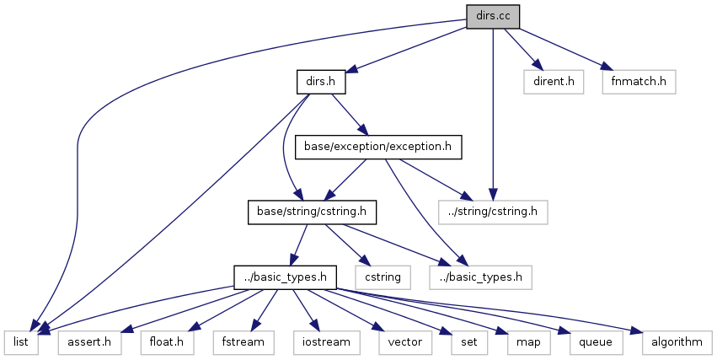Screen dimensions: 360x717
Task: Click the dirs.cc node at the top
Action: point(493,15)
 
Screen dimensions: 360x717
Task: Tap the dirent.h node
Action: point(554,82)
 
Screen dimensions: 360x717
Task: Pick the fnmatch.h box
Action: point(639,82)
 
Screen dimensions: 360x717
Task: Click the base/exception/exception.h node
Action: point(378,147)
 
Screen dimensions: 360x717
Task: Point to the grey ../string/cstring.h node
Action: point(493,211)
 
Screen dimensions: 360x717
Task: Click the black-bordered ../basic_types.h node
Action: point(286,276)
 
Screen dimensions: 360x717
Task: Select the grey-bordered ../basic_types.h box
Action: point(480,276)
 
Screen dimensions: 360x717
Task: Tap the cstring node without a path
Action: point(383,276)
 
